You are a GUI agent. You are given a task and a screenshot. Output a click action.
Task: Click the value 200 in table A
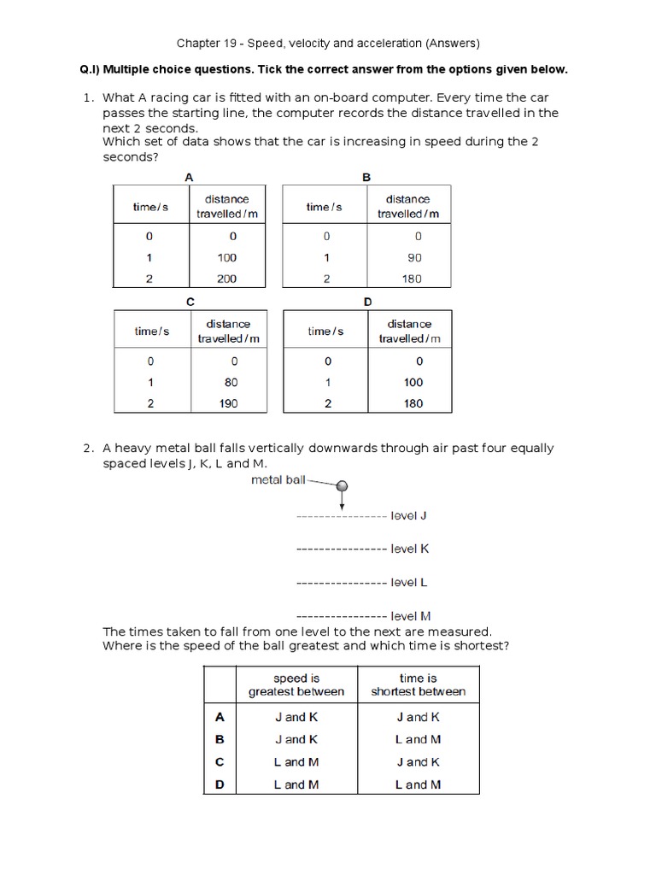coord(226,279)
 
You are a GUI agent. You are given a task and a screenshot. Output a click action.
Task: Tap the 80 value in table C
coord(231,382)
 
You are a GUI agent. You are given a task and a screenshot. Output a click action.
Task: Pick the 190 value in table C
coord(227,403)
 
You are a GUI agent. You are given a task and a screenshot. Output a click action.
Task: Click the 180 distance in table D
coord(413,403)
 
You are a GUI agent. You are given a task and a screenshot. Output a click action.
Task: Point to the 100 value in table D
coord(413,382)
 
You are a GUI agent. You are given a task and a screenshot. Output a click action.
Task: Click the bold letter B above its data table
coord(366,177)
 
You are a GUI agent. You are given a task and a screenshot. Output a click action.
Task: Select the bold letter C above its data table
coord(190,302)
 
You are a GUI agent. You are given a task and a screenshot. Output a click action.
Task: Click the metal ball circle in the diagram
coord(342,486)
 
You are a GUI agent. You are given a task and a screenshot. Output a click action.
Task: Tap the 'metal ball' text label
coord(278,480)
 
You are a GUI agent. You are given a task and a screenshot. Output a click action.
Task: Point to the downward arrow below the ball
coord(342,503)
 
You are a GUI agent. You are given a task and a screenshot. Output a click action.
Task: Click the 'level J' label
coord(409,516)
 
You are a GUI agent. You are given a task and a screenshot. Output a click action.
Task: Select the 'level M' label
coord(410,615)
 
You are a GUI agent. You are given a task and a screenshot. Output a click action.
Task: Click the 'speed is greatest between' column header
coord(296,684)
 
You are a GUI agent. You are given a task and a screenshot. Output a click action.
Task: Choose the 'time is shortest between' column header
coord(418,684)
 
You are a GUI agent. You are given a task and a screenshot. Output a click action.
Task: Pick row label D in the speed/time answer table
coord(220,784)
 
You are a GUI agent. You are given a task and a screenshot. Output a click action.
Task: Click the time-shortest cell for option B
coord(418,739)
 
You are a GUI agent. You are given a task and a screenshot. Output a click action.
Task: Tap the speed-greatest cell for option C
coord(296,761)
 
